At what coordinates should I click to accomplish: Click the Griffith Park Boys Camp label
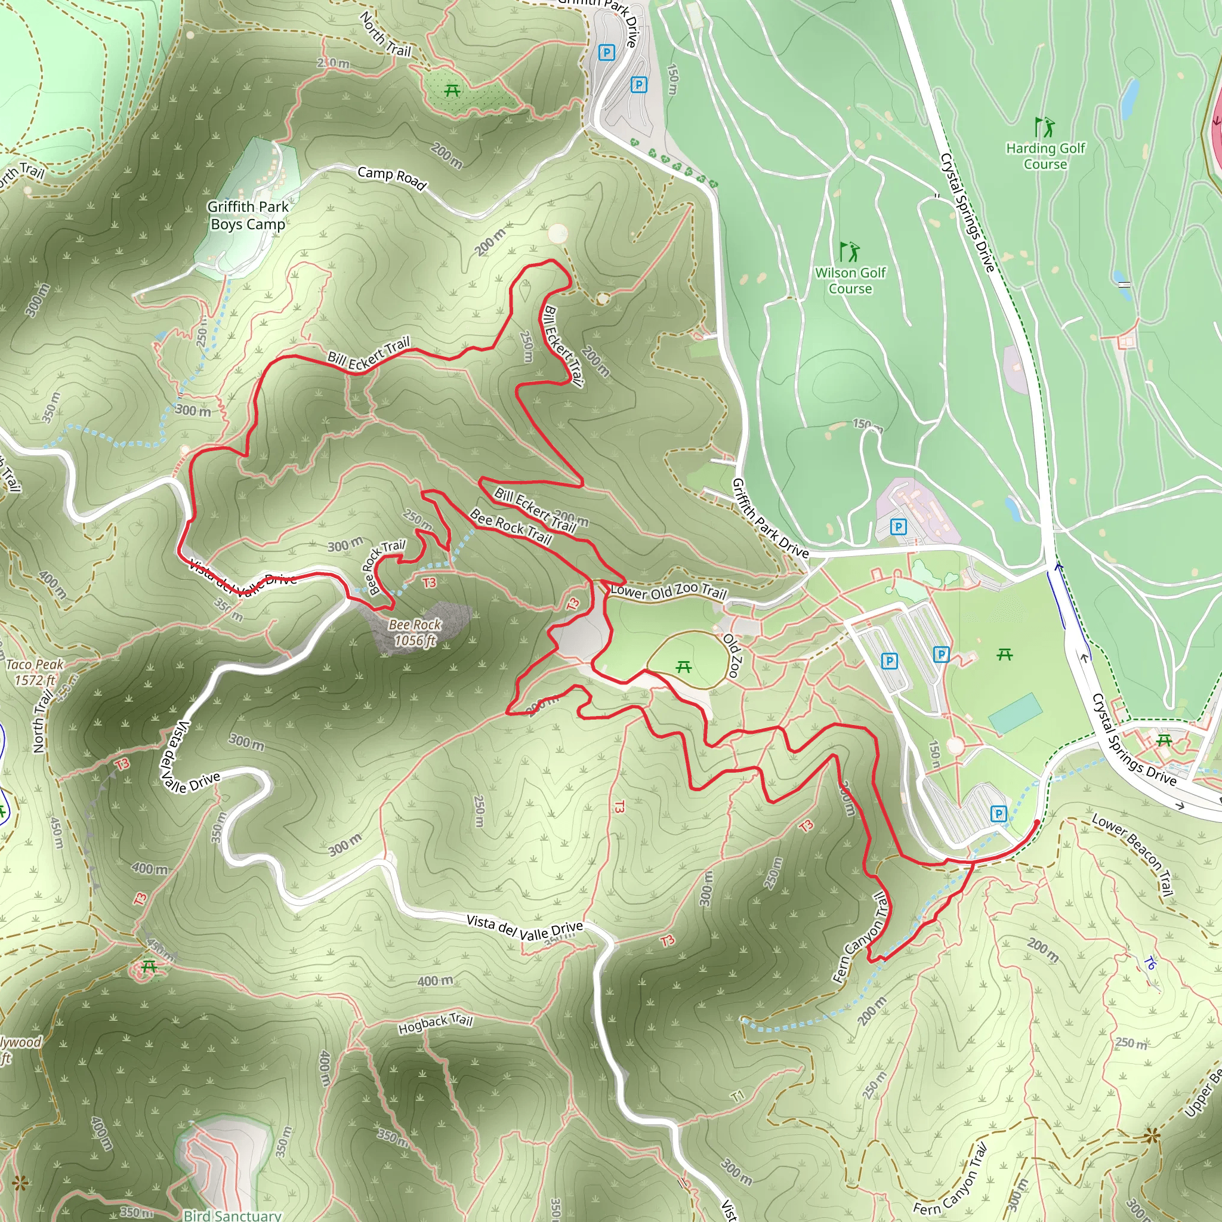pos(248,215)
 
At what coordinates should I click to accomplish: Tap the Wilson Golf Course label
pos(850,281)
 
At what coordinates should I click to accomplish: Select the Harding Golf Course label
pos(1045,156)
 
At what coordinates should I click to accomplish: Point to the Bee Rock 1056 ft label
pos(415,632)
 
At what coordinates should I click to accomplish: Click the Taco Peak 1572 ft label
pos(35,672)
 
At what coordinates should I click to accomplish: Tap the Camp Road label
pos(391,178)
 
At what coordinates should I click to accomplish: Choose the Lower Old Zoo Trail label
pos(668,591)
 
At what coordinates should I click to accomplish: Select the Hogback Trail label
pos(435,1023)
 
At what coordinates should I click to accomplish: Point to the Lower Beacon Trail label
pos(1132,854)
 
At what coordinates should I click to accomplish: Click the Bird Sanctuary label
pos(232,1215)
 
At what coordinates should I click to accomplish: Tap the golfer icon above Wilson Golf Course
pos(849,252)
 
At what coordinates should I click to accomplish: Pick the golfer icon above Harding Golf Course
pos(1044,127)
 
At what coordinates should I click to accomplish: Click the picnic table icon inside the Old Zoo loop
pos(683,666)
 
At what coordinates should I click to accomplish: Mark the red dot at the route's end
pos(1036,822)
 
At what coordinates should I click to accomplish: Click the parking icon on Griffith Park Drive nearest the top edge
pos(607,53)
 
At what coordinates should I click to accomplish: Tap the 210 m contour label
pos(334,63)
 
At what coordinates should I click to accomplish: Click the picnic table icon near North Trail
pos(452,91)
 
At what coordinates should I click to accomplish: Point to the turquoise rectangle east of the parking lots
pos(1014,714)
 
